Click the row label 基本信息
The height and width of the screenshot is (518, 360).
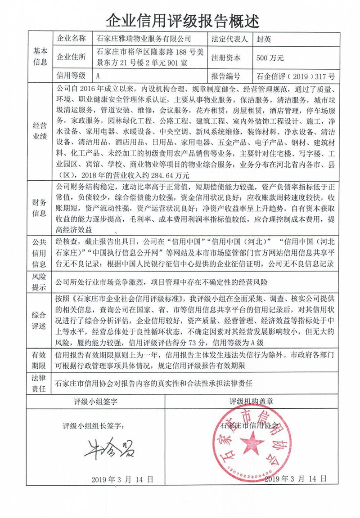click(x=40, y=57)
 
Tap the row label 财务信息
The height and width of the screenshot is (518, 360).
click(x=40, y=207)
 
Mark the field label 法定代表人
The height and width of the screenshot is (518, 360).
click(x=229, y=39)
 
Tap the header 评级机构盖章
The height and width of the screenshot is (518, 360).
click(x=252, y=401)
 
